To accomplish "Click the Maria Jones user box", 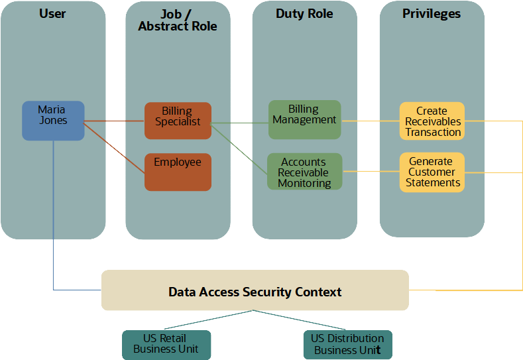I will [x=53, y=121].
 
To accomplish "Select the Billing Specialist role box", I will [x=178, y=121].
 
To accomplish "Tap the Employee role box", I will [x=178, y=172].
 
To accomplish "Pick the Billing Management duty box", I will [x=304, y=119].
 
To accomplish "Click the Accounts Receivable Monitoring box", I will [x=304, y=172].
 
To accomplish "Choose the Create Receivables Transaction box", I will [x=432, y=121].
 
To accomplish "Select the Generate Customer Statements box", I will [x=432, y=172].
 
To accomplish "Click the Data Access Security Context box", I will [x=255, y=290].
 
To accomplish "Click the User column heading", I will [x=52, y=14].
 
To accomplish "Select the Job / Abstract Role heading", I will [x=178, y=21].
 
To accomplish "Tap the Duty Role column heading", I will [x=304, y=14].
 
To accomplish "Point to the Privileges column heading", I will [x=432, y=14].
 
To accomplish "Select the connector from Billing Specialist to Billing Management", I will [x=239, y=122].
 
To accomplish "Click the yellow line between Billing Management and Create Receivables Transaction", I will [x=370, y=121].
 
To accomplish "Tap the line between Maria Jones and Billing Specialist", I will [x=114, y=121].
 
